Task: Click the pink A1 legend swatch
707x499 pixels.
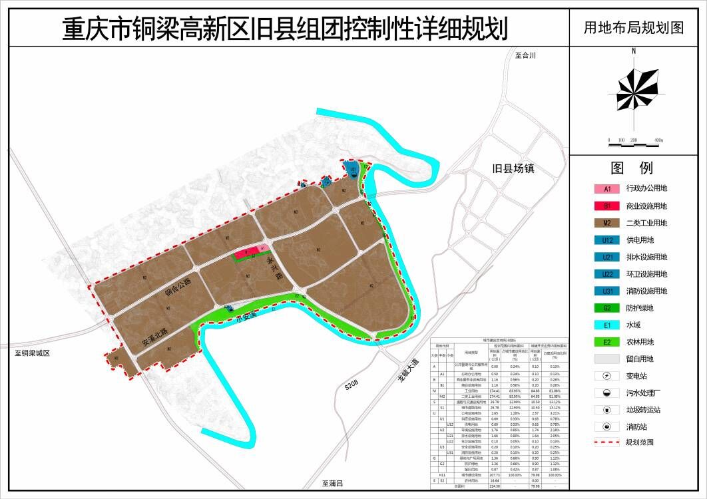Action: [x=607, y=189]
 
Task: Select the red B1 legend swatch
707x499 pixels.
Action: [x=607, y=206]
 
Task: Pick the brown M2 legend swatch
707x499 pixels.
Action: [x=607, y=223]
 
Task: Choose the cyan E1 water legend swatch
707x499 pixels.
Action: [x=607, y=325]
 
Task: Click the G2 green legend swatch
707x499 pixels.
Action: [x=607, y=308]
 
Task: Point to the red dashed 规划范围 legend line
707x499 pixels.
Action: [x=607, y=442]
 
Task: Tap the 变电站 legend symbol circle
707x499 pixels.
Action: [x=607, y=376]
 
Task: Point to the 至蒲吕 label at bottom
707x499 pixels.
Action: [x=331, y=483]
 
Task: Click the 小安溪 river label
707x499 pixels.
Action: [x=246, y=319]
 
